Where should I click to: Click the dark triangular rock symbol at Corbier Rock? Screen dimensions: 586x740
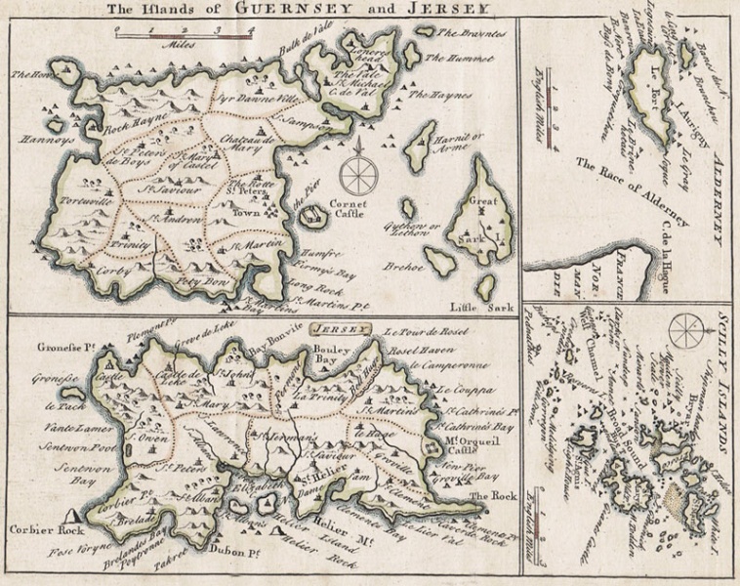tap(75, 515)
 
